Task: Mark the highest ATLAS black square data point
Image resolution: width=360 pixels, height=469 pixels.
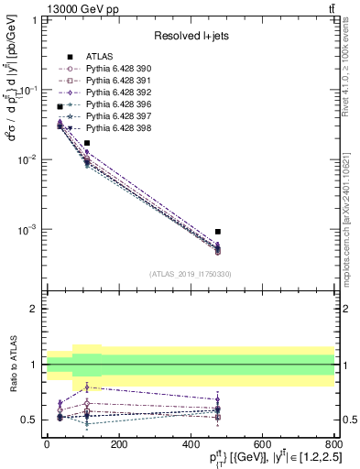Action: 60,107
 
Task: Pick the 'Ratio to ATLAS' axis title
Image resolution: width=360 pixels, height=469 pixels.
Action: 13,364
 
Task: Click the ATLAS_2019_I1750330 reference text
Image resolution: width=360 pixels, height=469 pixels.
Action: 190,274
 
